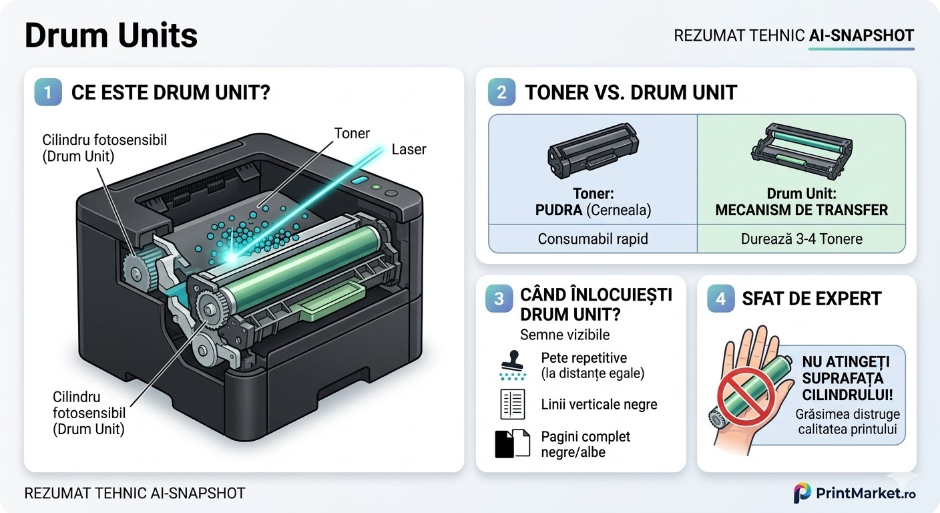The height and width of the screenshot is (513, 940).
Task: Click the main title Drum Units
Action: (111, 35)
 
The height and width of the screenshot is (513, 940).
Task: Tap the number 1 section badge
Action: (48, 93)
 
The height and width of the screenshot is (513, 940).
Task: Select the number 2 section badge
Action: (501, 93)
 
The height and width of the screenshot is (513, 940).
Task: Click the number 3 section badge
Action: (499, 299)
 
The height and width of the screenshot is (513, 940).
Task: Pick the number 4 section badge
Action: (720, 299)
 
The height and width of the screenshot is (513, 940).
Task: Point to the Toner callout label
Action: (352, 134)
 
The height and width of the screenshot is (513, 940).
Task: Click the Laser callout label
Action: (409, 149)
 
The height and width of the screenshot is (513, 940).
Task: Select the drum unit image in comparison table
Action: (800, 148)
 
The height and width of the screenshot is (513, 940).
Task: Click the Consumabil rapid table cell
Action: (593, 238)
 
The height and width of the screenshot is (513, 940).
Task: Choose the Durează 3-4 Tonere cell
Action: (801, 238)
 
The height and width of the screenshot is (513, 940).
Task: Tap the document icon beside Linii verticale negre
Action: (513, 404)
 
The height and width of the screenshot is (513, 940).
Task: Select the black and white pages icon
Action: (512, 443)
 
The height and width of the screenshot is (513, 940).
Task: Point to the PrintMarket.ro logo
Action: (855, 493)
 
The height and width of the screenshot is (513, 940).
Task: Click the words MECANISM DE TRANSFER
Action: (801, 210)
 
